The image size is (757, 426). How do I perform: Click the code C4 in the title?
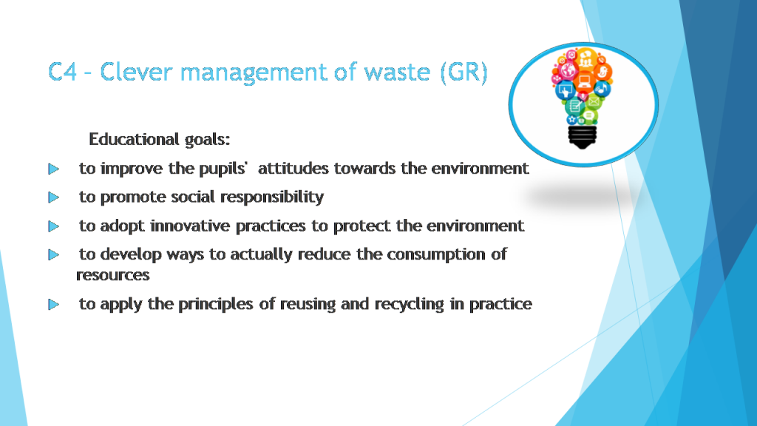(67, 72)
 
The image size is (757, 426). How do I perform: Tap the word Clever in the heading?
(137, 72)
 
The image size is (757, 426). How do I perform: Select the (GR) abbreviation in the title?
(464, 72)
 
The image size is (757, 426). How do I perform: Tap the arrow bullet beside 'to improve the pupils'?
(53, 169)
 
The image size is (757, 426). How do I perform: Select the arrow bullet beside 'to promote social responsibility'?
(53, 197)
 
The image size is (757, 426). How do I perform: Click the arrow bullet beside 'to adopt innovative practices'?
(53, 226)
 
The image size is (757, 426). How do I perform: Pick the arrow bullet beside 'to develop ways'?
(53, 255)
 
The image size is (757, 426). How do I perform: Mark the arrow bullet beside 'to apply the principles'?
(53, 304)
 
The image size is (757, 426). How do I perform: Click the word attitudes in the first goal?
(293, 169)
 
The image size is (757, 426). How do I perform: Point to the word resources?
(113, 275)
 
